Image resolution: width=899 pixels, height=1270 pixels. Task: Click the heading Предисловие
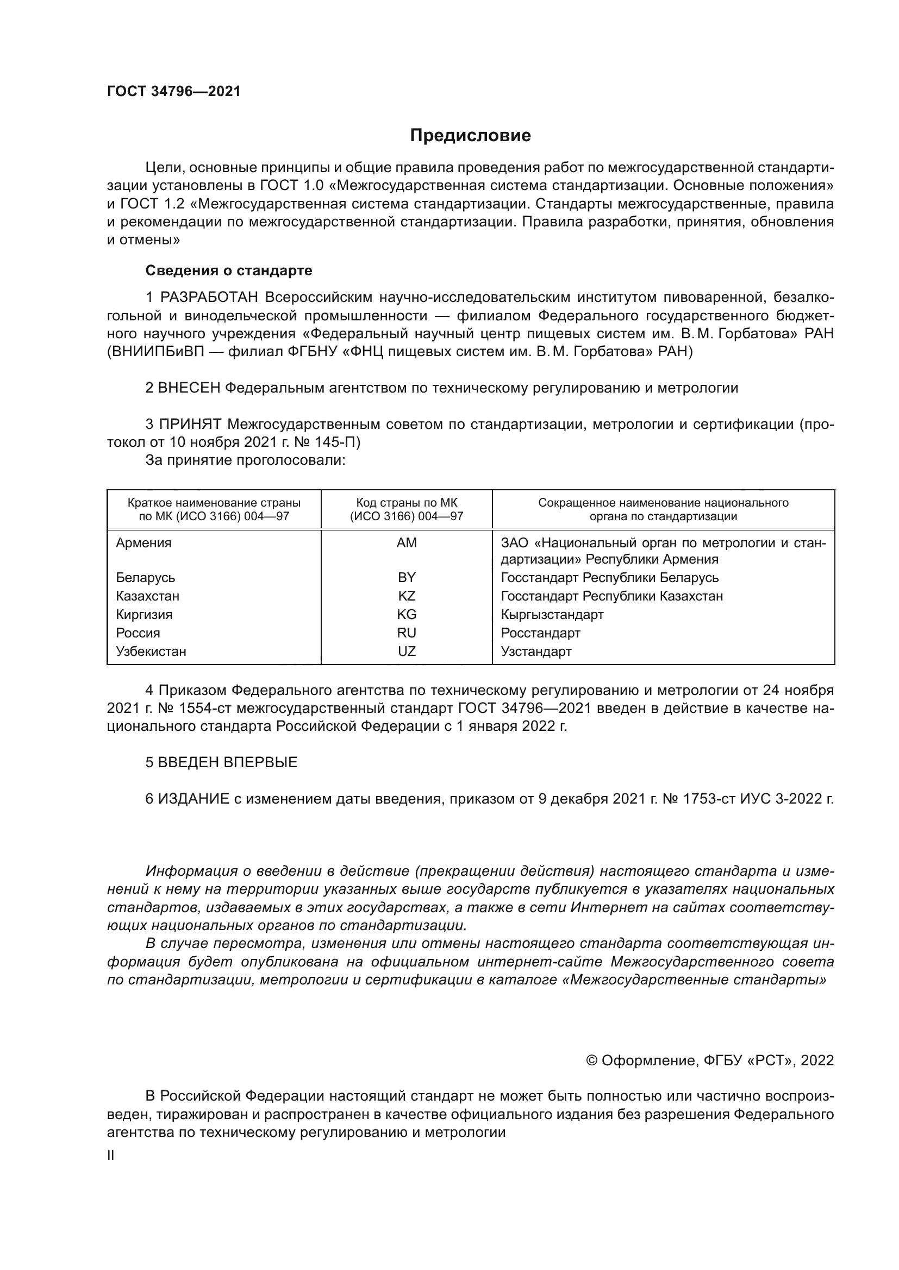pyautogui.click(x=470, y=136)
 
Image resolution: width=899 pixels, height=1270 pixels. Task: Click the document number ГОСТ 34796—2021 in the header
pyautogui.click(x=174, y=92)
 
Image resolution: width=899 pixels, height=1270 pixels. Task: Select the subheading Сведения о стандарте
pyautogui.click(x=229, y=270)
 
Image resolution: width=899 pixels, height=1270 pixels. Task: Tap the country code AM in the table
pyautogui.click(x=407, y=542)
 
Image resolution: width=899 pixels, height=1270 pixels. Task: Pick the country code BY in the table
pyautogui.click(x=407, y=578)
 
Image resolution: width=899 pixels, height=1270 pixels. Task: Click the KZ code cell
pyautogui.click(x=407, y=596)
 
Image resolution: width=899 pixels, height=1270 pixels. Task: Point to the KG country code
pyautogui.click(x=407, y=614)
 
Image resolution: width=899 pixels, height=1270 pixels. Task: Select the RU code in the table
pyautogui.click(x=407, y=632)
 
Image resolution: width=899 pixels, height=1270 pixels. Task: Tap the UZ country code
pyautogui.click(x=407, y=651)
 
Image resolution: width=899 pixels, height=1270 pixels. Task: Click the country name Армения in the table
pyautogui.click(x=143, y=542)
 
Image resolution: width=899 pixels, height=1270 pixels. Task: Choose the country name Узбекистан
pyautogui.click(x=151, y=651)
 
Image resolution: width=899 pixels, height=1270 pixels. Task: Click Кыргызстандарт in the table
pyautogui.click(x=552, y=614)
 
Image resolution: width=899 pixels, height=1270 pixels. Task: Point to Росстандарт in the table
pyautogui.click(x=540, y=632)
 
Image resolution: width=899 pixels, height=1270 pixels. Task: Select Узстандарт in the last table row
pyautogui.click(x=536, y=651)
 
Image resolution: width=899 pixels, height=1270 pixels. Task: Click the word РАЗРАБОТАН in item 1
pyautogui.click(x=209, y=298)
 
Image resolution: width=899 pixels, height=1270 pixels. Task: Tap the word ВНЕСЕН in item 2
pyautogui.click(x=189, y=388)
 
